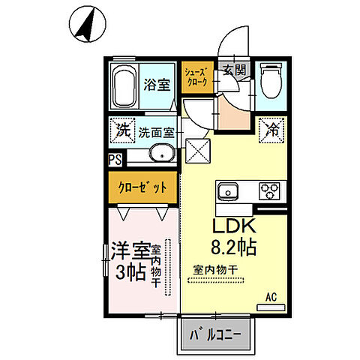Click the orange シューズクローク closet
[x=197, y=76]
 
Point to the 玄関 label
[x=233, y=70]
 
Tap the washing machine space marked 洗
[x=121, y=129]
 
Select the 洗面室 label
[x=157, y=133]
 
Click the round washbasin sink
[x=160, y=154]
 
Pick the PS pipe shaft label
[x=115, y=159]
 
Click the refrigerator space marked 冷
[x=271, y=129]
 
